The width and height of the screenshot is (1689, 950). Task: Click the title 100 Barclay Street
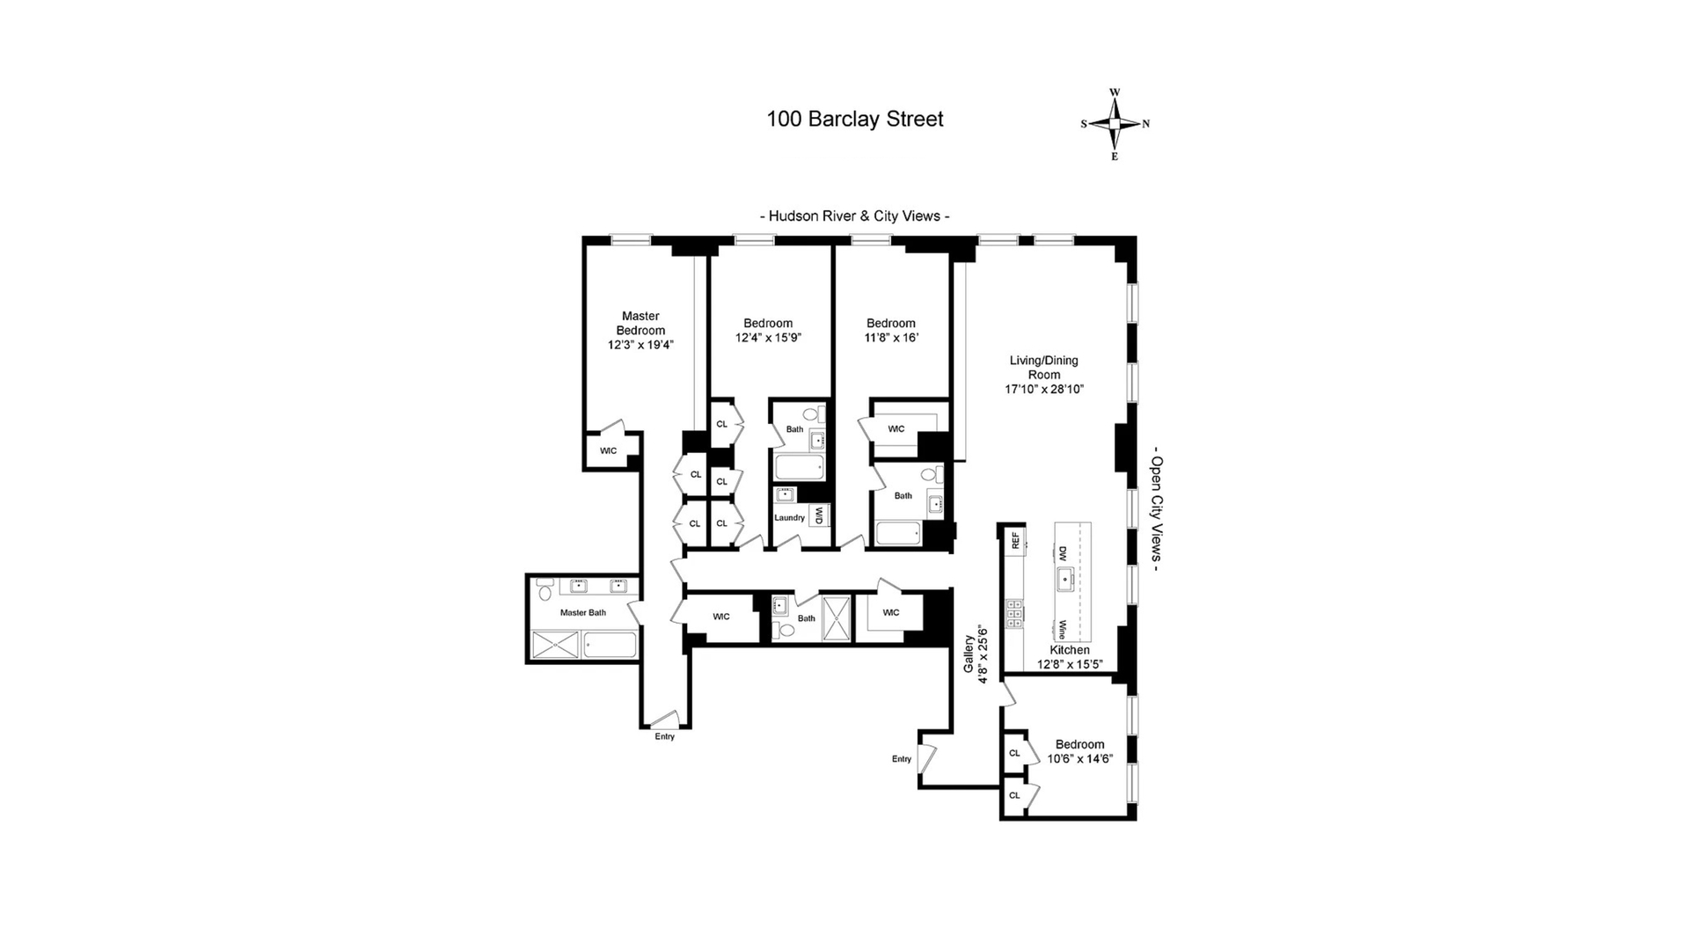click(854, 119)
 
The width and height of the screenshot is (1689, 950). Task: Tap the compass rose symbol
click(1115, 124)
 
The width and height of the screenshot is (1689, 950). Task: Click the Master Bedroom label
click(640, 323)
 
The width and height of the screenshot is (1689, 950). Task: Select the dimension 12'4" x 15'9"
click(768, 338)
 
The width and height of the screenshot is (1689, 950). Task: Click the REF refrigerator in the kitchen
click(1015, 540)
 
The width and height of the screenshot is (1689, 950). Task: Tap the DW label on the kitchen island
click(1063, 554)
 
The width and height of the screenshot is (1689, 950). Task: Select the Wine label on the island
click(1063, 630)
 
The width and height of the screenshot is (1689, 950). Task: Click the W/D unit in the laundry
click(818, 515)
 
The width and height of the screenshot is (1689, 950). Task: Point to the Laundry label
click(789, 518)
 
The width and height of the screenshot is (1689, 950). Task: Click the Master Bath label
click(583, 613)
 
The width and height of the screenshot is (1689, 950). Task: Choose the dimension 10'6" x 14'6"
click(1079, 759)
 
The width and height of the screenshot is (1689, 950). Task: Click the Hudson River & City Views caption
click(854, 216)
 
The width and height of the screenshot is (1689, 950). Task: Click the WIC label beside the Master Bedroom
click(608, 451)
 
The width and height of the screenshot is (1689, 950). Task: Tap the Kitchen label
click(1069, 650)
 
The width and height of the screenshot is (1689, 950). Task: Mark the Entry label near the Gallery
click(902, 759)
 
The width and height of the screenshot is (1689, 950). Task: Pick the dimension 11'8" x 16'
click(890, 338)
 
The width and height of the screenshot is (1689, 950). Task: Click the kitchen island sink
click(1065, 579)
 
